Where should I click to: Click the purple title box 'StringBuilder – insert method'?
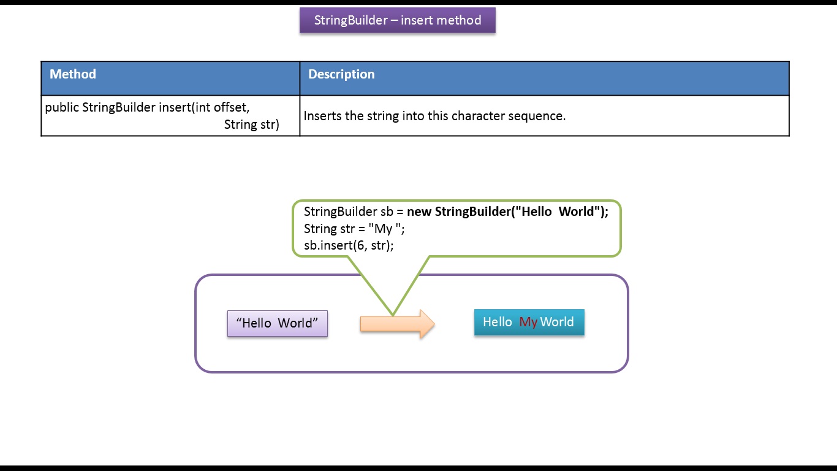pyautogui.click(x=397, y=20)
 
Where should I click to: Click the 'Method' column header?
pyautogui.click(x=73, y=74)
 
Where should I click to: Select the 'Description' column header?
pyautogui.click(x=341, y=74)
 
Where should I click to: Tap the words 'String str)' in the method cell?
pyautogui.click(x=251, y=124)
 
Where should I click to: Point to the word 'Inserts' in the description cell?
pyautogui.click(x=323, y=116)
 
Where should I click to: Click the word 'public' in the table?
pyautogui.click(x=62, y=108)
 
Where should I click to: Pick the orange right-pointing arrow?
pyautogui.click(x=397, y=324)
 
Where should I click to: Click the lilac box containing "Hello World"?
pyautogui.click(x=277, y=323)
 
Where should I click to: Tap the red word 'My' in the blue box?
pyautogui.click(x=528, y=322)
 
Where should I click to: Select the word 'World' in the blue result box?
pyautogui.click(x=557, y=322)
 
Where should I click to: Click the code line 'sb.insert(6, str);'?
pyautogui.click(x=348, y=245)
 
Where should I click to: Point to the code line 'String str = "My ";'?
pyautogui.click(x=354, y=229)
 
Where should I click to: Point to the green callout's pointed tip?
pyautogui.click(x=393, y=315)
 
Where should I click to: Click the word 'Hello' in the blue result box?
pyautogui.click(x=497, y=322)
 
